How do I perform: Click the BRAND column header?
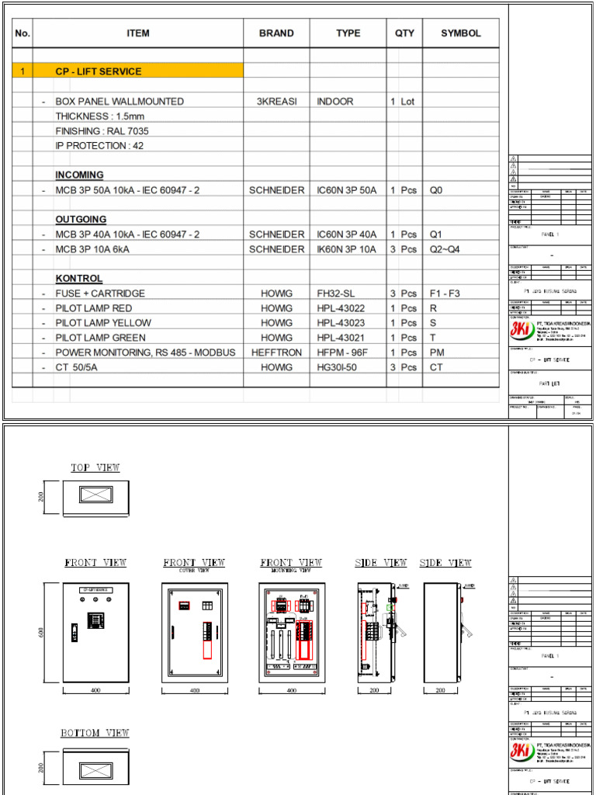276,33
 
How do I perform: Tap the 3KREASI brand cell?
276,102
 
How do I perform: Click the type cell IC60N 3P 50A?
346,190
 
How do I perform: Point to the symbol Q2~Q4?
446,249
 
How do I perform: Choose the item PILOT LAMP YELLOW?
103,323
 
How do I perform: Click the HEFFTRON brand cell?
276,352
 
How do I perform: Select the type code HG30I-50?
339,367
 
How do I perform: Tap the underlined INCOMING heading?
79,175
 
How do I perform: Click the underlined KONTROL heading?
78,279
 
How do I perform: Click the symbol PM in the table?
437,352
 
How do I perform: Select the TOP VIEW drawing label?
95,467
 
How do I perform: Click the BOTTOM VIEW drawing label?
95,733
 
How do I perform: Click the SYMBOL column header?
461,33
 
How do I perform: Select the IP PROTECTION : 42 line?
99,146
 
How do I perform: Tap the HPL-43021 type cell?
341,338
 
